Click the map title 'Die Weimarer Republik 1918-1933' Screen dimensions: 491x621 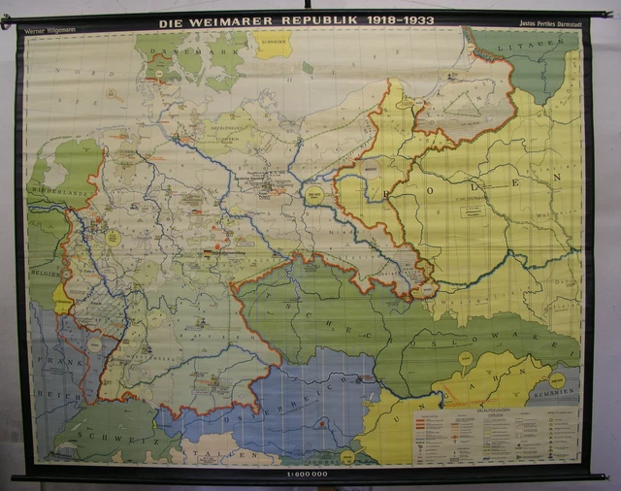pos(297,20)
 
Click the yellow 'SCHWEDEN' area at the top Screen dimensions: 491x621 pos(273,45)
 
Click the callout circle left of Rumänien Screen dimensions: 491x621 pos(466,360)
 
